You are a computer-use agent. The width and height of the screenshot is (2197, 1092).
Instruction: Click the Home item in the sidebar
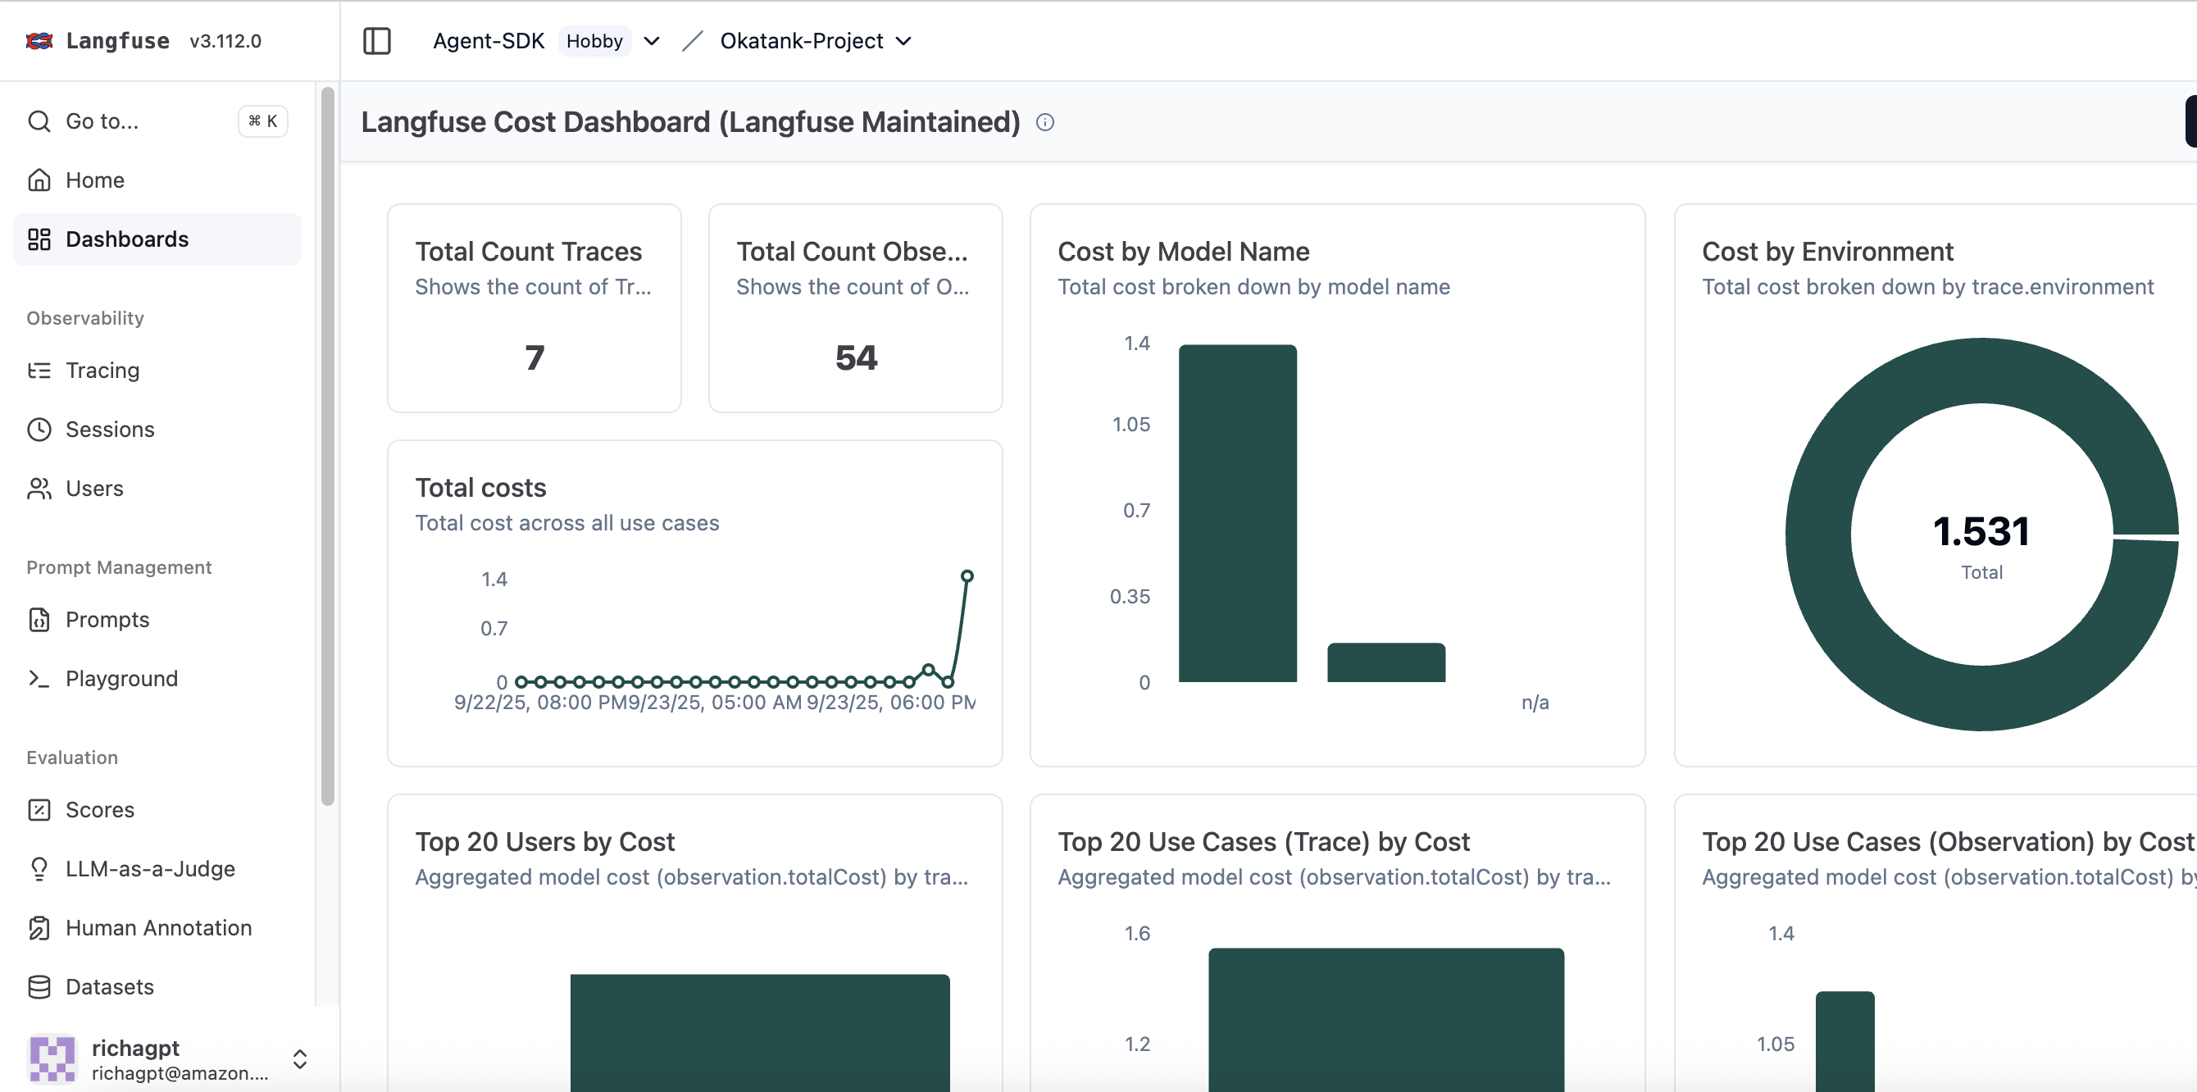coord(94,180)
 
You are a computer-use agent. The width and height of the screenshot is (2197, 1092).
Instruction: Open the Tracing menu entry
coord(102,371)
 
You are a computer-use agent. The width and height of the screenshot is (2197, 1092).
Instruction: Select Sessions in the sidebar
coord(109,429)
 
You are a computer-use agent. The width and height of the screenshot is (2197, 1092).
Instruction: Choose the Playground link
coord(121,678)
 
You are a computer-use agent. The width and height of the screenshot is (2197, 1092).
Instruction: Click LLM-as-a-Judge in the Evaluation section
coord(149,868)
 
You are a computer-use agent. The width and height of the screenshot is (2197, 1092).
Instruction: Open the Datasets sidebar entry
coord(109,987)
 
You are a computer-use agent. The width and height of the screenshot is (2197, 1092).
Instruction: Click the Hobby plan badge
coord(594,41)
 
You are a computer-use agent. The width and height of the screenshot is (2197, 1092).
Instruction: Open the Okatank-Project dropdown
coord(816,41)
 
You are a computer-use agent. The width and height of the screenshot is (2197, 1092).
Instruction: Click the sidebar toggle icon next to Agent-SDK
coord(376,41)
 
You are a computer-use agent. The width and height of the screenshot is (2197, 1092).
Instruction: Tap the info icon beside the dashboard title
coord(1044,123)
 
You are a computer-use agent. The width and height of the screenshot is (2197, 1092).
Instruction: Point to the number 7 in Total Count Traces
coord(534,357)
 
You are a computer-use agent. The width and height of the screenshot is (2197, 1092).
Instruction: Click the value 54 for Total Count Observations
coord(855,357)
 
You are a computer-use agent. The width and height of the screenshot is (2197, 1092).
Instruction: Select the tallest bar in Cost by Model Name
coord(1237,512)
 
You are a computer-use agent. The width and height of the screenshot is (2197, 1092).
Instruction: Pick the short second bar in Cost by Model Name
coord(1386,662)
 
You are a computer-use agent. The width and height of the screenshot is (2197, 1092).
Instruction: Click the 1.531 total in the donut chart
coord(1981,531)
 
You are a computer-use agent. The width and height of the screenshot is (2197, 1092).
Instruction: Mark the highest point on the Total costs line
coord(967,576)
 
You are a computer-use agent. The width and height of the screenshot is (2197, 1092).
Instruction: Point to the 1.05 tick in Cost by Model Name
coord(1131,424)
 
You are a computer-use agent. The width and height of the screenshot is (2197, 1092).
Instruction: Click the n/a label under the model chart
coord(1535,702)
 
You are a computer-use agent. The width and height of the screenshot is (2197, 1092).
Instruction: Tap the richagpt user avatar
coord(51,1058)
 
